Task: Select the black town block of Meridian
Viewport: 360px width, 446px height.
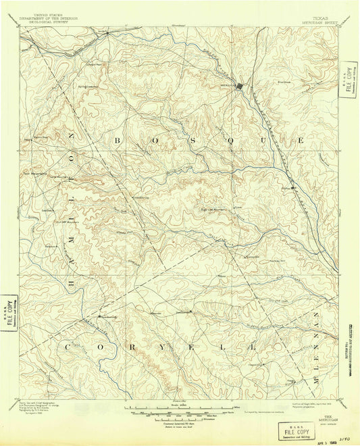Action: pos(238,86)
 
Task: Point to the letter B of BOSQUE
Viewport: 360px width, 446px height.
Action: pos(118,141)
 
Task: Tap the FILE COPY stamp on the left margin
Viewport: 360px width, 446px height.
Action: pos(9,312)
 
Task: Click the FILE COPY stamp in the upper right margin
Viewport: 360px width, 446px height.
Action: pos(349,84)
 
